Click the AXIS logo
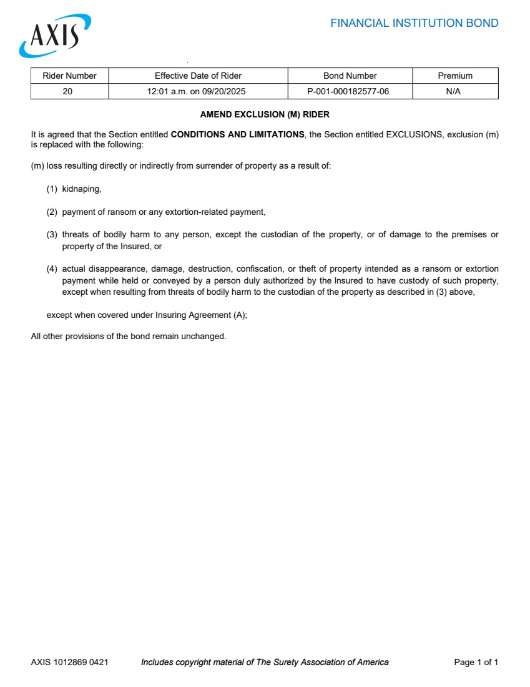click(55, 36)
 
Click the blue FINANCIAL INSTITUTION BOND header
click(414, 24)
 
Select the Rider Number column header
click(69, 76)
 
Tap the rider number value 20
click(67, 91)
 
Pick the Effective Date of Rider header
click(198, 76)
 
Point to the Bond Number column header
click(350, 76)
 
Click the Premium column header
click(455, 76)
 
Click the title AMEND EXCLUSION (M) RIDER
click(265, 115)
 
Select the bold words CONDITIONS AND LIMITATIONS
click(237, 134)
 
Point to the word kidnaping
click(81, 189)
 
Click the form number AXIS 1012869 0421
click(69, 662)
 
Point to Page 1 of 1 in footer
click(476, 662)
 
